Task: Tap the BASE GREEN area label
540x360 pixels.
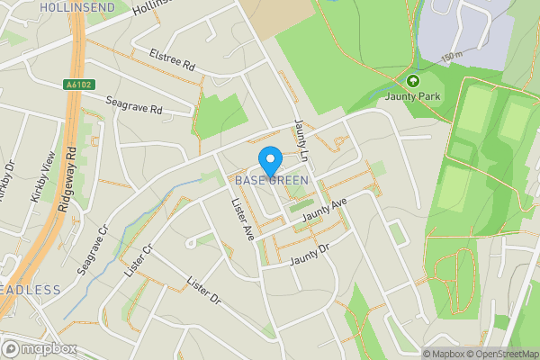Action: pos(272,180)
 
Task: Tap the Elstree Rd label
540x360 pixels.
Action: pos(172,59)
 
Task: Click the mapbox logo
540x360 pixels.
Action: pos(38,348)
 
